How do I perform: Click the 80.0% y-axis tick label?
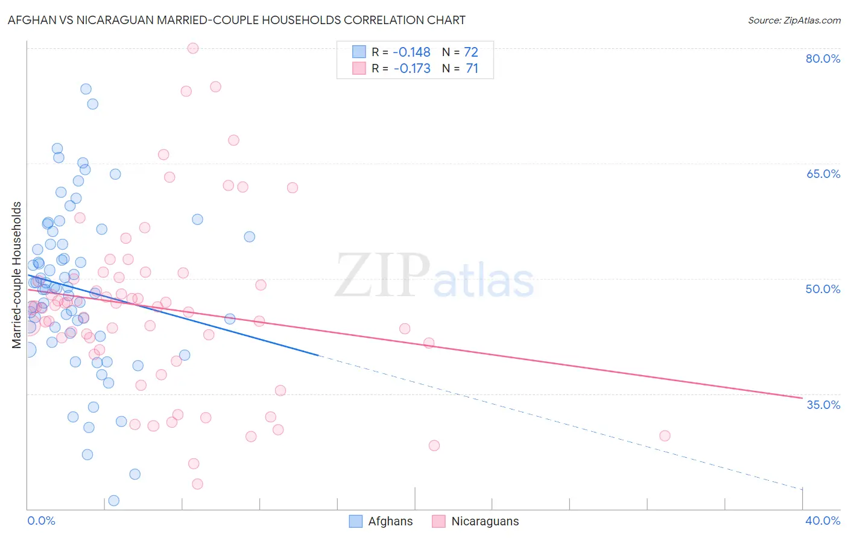[x=823, y=59]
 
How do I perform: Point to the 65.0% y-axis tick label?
[x=823, y=174]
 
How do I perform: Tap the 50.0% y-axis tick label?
[x=823, y=289]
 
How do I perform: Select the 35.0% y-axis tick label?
[x=823, y=405]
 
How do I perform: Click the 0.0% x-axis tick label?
[x=41, y=521]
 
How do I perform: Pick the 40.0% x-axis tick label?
[x=823, y=521]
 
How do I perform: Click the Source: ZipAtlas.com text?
[x=794, y=20]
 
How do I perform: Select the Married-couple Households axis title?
[x=17, y=275]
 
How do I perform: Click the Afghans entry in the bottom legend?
[x=381, y=521]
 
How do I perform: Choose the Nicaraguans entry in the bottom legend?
[x=475, y=521]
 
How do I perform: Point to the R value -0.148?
[x=411, y=52]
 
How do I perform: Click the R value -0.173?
[x=412, y=69]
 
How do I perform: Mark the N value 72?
[x=470, y=52]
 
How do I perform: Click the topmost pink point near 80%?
[x=193, y=48]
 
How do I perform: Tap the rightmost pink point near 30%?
[x=665, y=435]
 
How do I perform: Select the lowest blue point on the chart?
[x=113, y=501]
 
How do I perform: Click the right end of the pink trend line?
[x=802, y=398]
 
